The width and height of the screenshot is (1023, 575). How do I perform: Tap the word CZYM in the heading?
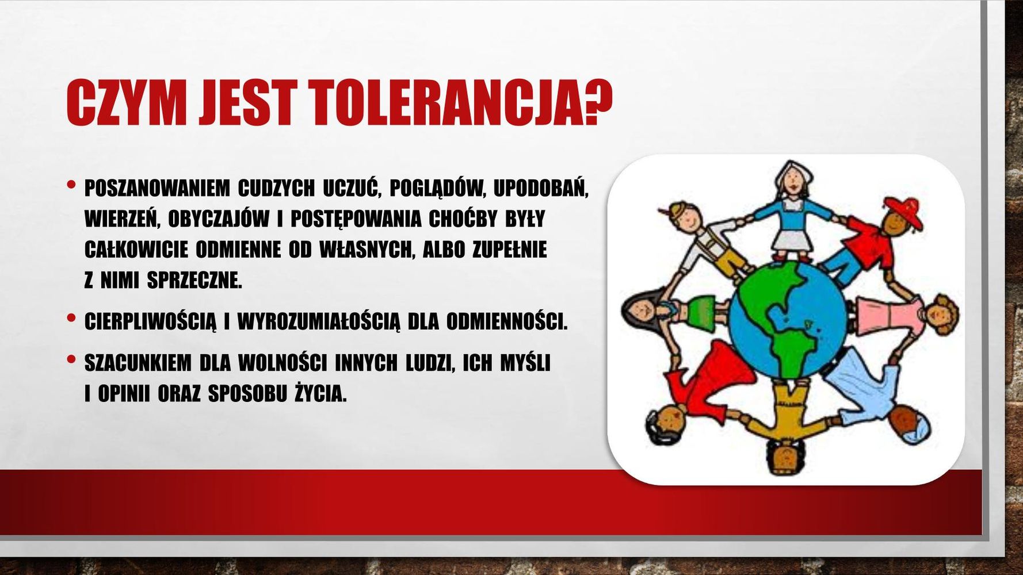click(124, 103)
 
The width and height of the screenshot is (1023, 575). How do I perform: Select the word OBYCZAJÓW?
click(219, 219)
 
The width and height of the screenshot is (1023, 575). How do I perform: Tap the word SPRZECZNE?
click(194, 280)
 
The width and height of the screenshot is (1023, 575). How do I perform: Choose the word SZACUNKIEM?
click(138, 363)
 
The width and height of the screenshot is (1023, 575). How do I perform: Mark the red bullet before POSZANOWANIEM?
click(71, 185)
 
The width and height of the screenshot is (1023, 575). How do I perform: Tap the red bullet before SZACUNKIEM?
click(71, 359)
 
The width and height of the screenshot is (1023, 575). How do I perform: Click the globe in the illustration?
click(788, 321)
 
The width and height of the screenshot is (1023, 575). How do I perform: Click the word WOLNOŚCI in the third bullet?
click(282, 363)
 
